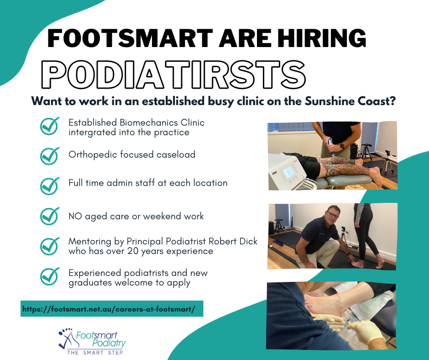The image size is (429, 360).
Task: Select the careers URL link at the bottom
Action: click(x=109, y=309)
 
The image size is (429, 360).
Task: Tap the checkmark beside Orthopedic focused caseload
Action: click(x=49, y=155)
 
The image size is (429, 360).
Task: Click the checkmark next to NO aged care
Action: click(x=49, y=216)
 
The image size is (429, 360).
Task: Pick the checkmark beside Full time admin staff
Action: click(x=49, y=185)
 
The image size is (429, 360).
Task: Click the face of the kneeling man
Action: click(x=332, y=215)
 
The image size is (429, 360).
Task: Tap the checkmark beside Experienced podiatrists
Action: click(x=49, y=276)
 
